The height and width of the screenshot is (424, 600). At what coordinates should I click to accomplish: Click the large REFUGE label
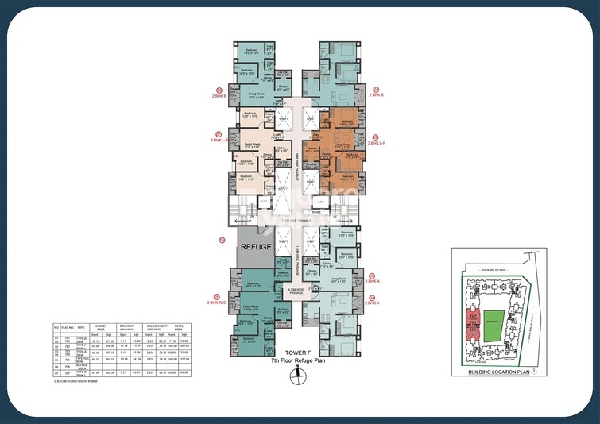(x=254, y=247)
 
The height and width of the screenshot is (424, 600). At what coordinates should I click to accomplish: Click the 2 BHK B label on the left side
(x=219, y=94)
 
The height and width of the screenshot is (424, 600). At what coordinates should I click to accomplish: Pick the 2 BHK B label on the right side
(x=376, y=94)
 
